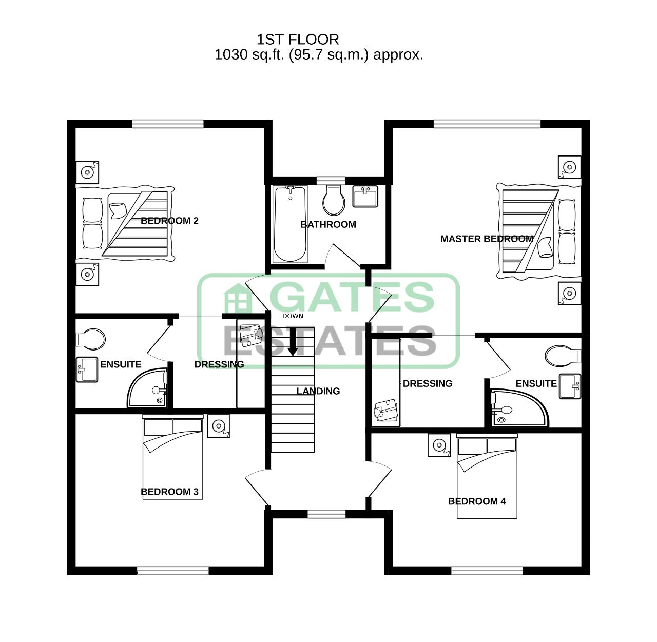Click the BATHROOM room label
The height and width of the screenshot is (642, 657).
point(328,224)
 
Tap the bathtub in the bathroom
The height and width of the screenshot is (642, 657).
point(291,224)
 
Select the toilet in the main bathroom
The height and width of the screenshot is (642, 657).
point(334,200)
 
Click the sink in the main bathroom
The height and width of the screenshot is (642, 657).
point(365,196)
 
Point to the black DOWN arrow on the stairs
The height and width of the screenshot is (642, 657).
point(293,342)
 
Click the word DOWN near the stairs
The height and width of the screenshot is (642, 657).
point(293,316)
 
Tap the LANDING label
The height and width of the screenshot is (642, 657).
point(318,391)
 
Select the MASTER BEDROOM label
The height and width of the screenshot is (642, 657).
point(487,239)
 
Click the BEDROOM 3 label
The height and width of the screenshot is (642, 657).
point(169,492)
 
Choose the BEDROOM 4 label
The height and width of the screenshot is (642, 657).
point(477,501)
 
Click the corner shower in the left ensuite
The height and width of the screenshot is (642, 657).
point(147,387)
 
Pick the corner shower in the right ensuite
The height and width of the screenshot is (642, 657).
point(519,408)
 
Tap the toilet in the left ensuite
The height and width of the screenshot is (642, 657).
point(90,339)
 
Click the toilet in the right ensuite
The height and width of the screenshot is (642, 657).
point(563,356)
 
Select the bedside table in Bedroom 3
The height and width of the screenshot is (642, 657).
point(219,426)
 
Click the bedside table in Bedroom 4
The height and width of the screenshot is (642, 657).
point(439,445)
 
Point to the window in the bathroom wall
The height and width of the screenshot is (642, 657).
point(331,181)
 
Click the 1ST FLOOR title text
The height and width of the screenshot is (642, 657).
point(298,40)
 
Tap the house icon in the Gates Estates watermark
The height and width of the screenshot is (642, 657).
point(238,298)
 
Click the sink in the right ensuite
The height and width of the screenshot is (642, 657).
point(570,386)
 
